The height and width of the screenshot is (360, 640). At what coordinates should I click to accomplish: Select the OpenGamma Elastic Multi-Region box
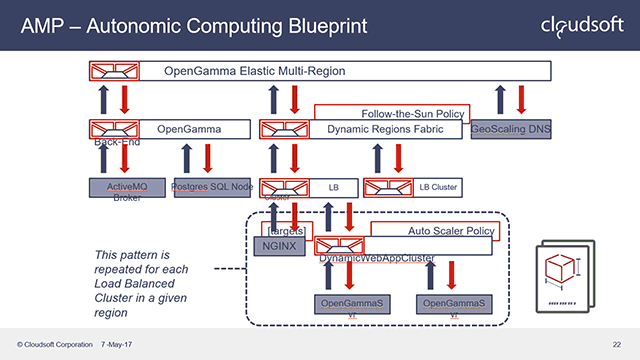coord(320,71)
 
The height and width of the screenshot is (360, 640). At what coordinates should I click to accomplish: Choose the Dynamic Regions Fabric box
coord(360,129)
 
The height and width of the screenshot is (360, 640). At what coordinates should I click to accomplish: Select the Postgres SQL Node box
coord(211,187)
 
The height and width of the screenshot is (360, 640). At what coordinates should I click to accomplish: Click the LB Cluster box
coord(411,186)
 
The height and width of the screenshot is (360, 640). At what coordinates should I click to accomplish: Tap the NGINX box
coord(273,245)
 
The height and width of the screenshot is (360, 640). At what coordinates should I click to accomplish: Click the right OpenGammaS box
coord(454,302)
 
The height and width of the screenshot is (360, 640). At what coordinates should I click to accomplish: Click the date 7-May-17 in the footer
coord(121,345)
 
